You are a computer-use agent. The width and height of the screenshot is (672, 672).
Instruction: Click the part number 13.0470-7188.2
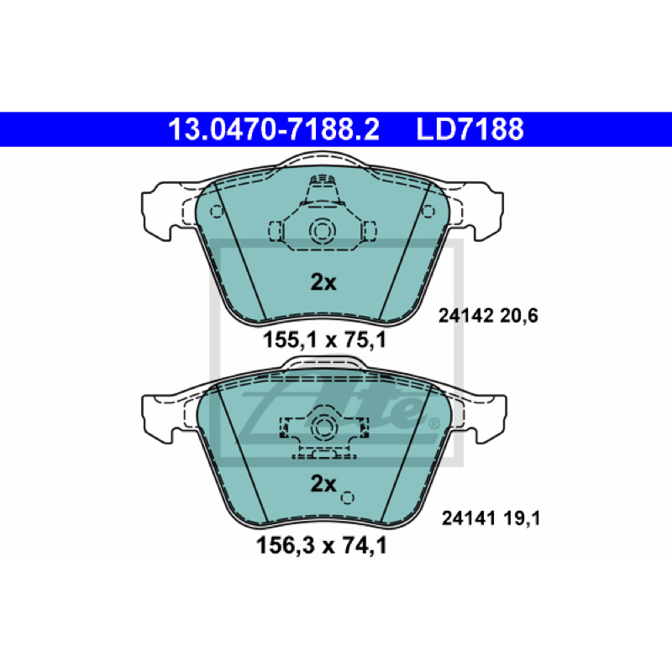[274, 129]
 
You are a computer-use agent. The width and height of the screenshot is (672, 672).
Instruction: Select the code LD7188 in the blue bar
[470, 129]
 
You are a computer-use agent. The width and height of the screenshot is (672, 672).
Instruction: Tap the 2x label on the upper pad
[323, 282]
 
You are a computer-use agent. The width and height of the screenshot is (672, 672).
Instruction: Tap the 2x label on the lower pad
[323, 484]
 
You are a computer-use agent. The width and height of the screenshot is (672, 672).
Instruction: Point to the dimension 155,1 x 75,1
[324, 340]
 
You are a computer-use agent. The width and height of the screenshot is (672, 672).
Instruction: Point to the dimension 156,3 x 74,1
[322, 545]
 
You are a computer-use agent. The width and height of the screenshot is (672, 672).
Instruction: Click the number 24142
[465, 317]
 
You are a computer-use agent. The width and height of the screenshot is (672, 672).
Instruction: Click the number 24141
[470, 518]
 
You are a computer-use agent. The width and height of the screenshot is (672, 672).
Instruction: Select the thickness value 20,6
[518, 317]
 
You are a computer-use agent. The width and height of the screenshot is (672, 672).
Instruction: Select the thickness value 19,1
[522, 518]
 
